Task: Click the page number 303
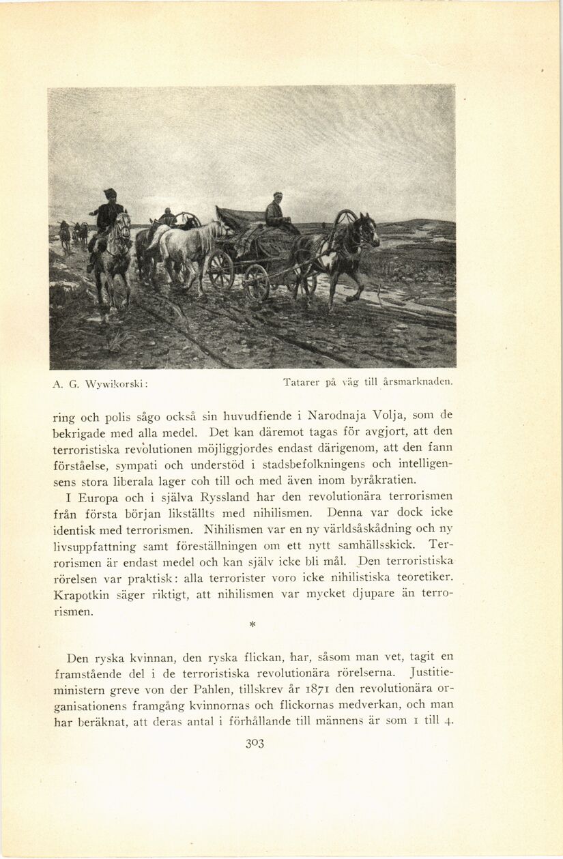click(255, 743)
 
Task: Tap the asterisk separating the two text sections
click(252, 624)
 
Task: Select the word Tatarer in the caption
click(301, 383)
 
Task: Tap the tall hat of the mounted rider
click(109, 194)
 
